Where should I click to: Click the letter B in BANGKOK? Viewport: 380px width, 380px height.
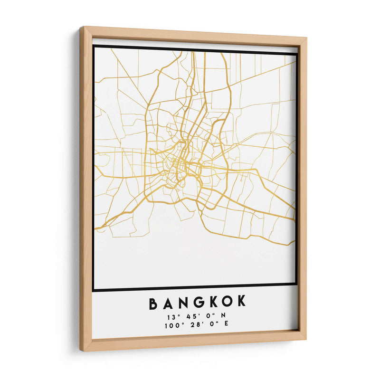[154, 302]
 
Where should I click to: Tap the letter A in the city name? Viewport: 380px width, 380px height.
[167, 302]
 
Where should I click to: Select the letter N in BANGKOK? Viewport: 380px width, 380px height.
[181, 302]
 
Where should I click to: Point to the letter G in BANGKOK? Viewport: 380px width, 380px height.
[195, 302]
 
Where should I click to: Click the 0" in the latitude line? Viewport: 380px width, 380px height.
[208, 316]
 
